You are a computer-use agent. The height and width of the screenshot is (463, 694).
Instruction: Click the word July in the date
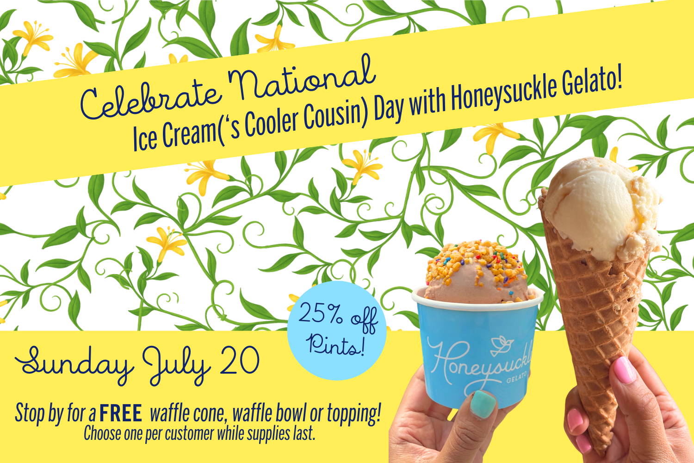click(177, 366)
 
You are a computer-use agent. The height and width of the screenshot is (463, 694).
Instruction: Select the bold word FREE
click(121, 413)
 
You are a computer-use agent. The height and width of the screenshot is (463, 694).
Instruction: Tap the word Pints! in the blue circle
click(336, 344)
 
